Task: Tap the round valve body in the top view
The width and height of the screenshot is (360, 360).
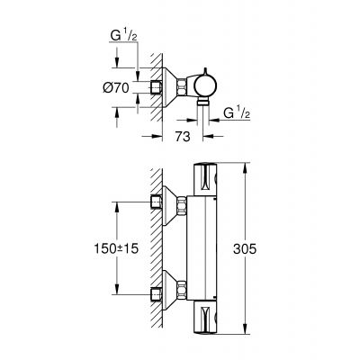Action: click(206, 86)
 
